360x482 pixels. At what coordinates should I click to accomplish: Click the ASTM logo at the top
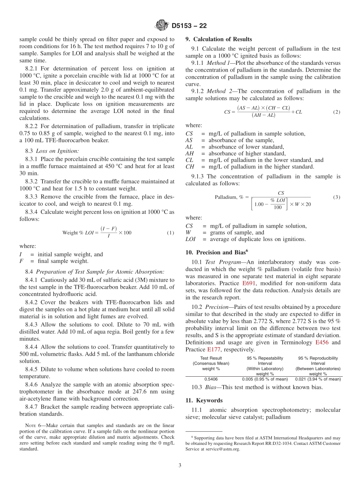[x=161, y=26]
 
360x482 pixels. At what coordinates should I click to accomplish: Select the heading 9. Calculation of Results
[x=219, y=39]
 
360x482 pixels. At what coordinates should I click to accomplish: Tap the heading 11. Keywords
[x=204, y=400]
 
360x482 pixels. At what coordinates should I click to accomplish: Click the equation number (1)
[x=171, y=233]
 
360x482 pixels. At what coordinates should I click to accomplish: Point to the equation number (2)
[x=337, y=112]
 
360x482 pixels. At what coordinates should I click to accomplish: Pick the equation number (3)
[x=337, y=197]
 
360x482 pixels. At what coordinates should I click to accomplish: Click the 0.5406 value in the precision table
[x=211, y=379]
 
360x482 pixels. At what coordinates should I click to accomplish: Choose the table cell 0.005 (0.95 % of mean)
[x=265, y=379]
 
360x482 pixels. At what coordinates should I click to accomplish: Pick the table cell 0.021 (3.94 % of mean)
[x=318, y=379]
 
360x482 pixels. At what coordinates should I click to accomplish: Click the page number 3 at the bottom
[x=180, y=466]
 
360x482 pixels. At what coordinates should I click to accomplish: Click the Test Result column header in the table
[x=211, y=358]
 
